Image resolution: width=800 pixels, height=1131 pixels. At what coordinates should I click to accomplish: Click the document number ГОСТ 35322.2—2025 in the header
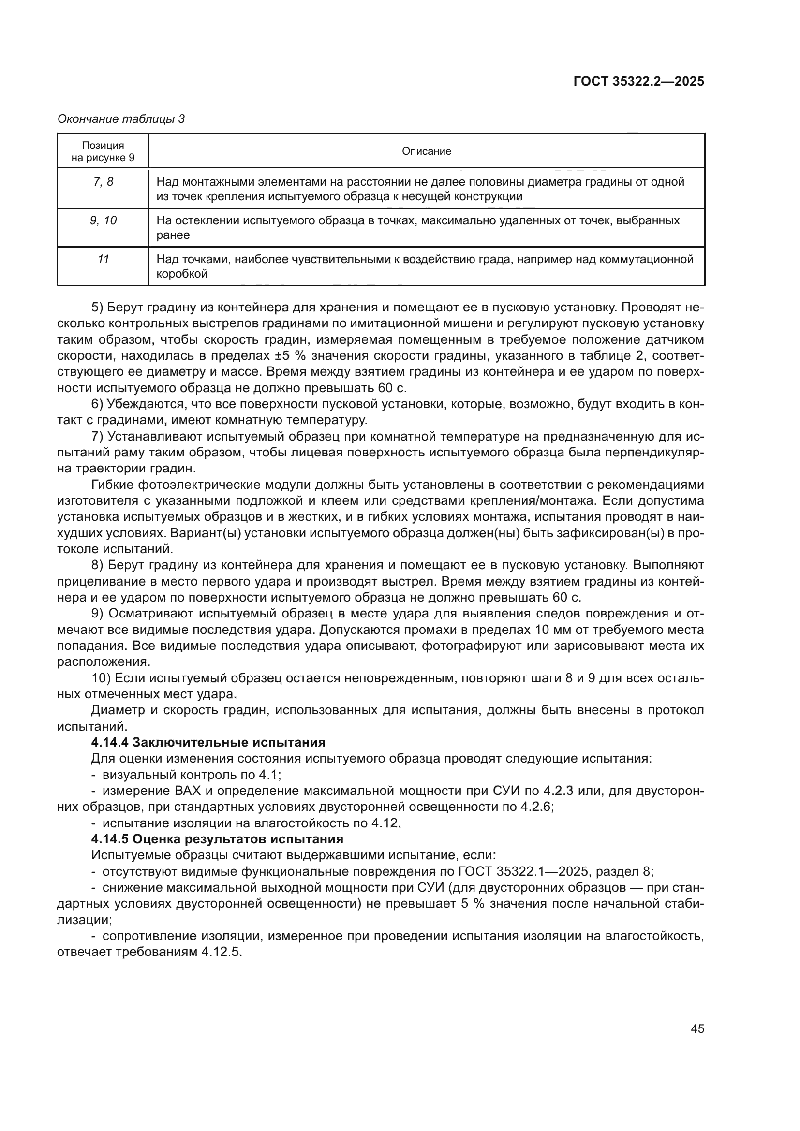point(638,81)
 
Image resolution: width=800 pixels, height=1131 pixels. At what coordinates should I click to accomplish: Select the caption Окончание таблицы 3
point(121,119)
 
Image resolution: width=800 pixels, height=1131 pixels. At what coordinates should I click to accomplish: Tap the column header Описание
point(426,151)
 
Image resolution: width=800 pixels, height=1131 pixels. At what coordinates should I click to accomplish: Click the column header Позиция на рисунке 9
point(103,151)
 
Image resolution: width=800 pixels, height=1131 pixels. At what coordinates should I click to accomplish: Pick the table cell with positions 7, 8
point(103,182)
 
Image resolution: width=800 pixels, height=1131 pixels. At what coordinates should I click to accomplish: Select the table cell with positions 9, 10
point(103,220)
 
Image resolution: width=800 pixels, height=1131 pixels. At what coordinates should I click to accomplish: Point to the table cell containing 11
point(103,259)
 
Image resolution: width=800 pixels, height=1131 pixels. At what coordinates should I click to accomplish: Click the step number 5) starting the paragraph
point(98,308)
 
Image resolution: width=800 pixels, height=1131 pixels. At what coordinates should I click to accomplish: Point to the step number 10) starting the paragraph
point(101,678)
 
